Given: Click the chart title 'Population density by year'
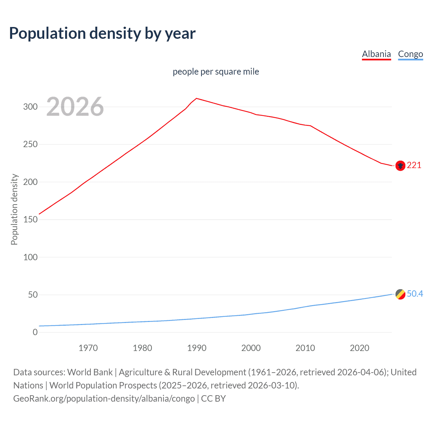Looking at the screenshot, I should [102, 33].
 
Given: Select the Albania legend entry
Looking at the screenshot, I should [376, 54].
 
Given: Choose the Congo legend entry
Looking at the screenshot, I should [410, 54].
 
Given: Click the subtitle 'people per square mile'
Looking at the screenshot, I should [216, 72].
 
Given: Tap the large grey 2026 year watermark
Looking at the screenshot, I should [75, 107].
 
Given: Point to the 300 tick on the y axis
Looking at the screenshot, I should [30, 107].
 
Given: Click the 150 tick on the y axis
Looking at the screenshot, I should [30, 220].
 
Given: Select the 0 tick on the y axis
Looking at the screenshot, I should [35, 332].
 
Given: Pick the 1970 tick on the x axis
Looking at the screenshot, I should [88, 348].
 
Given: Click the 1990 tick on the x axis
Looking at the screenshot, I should [197, 348].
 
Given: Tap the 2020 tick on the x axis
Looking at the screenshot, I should [359, 348].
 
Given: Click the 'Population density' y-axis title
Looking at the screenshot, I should [14, 209].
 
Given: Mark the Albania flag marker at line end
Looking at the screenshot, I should [400, 166].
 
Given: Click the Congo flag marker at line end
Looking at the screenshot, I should [400, 294].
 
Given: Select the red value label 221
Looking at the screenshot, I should [414, 165].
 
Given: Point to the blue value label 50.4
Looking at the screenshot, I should [415, 294].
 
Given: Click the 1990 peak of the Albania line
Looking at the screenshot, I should [197, 98].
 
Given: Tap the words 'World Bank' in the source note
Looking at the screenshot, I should [90, 372].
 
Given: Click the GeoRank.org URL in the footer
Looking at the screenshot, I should [104, 399].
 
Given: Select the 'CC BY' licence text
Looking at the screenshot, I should [213, 399].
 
